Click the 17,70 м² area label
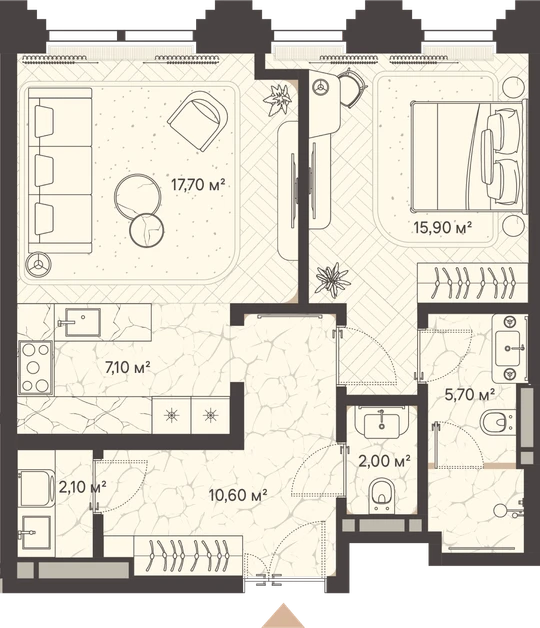tap(198, 185)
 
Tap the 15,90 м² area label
tap(442, 228)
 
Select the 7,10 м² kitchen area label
tap(127, 367)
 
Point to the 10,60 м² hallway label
tap(238, 495)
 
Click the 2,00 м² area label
tap(384, 461)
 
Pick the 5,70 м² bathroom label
tap(470, 395)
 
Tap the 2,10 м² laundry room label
tap(82, 487)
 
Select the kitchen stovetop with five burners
tap(36, 368)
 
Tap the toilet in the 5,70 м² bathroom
tap(498, 423)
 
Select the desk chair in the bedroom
tap(351, 89)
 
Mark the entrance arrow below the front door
tap(284, 615)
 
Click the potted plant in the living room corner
tap(277, 99)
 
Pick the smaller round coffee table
tap(147, 230)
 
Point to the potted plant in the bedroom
tap(332, 280)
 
